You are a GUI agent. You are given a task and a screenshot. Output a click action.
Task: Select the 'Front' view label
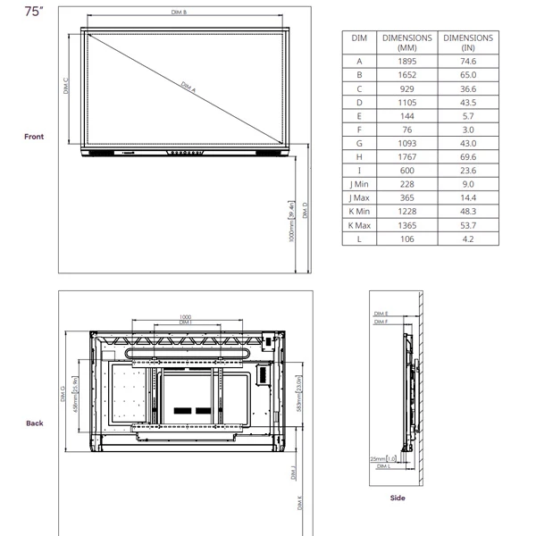click(x=34, y=137)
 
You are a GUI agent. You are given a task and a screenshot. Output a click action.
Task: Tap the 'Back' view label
click(x=34, y=423)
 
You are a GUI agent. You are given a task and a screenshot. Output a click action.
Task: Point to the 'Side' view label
click(x=398, y=498)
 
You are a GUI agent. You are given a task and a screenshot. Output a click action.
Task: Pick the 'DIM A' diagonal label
click(x=188, y=87)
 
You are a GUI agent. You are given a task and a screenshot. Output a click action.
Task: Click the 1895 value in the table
click(x=406, y=62)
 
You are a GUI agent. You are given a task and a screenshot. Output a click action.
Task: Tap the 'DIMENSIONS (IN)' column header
click(x=468, y=43)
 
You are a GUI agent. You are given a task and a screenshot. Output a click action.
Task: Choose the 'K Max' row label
click(x=359, y=225)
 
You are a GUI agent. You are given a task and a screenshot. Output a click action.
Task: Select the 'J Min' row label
click(x=359, y=184)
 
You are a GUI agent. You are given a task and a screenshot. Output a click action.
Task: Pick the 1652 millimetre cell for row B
click(x=406, y=75)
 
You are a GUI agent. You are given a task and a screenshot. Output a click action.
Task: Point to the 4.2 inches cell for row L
click(x=468, y=239)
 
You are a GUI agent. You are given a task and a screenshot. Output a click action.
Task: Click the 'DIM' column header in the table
click(x=359, y=38)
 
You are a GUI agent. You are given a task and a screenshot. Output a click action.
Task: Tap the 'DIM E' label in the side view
click(x=381, y=314)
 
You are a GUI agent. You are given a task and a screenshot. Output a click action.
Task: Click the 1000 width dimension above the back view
click(x=186, y=316)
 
